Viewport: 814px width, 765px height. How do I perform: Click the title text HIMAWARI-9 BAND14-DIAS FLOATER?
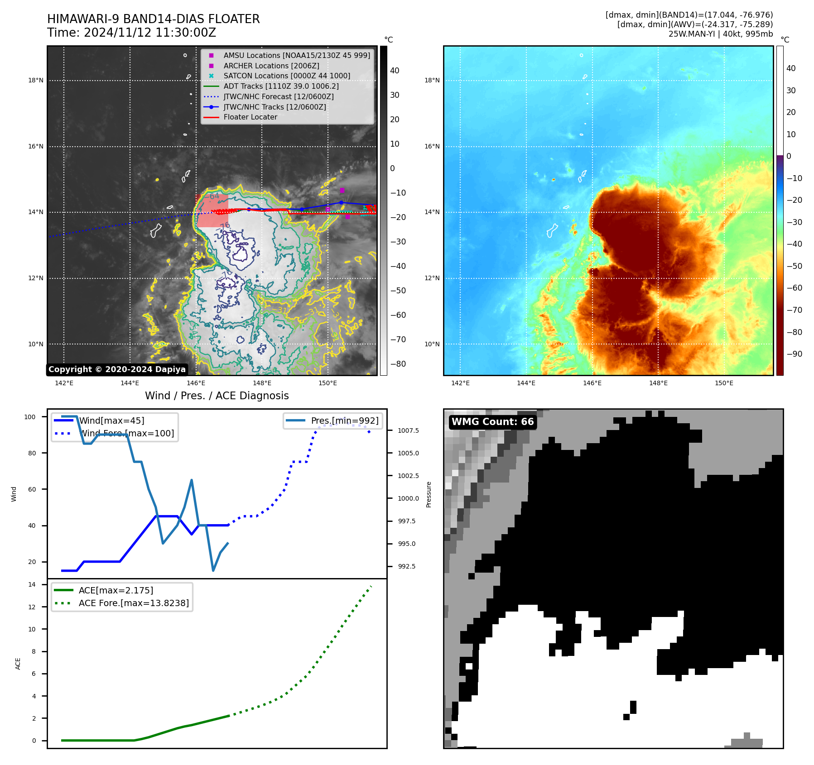[153, 19]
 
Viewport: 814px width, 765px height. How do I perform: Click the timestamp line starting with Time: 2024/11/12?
[131, 33]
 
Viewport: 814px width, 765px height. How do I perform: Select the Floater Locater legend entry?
[250, 117]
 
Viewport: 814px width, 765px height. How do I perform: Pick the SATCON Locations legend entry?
[286, 76]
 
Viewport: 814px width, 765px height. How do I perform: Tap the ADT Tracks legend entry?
[281, 86]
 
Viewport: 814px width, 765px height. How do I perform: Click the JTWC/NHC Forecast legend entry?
[278, 96]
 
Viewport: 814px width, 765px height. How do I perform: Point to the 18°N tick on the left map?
[36, 81]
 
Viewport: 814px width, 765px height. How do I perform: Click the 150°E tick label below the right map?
[724, 383]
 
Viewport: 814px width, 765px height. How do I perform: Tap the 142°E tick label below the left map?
[64, 383]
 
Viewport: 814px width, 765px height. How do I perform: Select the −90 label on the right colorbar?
[794, 354]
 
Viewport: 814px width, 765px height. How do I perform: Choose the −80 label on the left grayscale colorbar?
[398, 364]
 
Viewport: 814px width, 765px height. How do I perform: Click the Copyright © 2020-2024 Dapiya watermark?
[117, 369]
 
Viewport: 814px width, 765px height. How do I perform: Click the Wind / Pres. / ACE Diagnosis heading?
[217, 396]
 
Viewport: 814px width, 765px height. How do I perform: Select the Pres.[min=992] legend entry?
[344, 421]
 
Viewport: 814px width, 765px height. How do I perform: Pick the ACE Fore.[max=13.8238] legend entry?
[134, 603]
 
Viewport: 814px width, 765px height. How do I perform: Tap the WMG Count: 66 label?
[492, 422]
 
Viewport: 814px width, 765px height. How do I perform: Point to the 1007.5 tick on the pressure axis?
[408, 430]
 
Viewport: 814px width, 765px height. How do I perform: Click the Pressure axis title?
[429, 494]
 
